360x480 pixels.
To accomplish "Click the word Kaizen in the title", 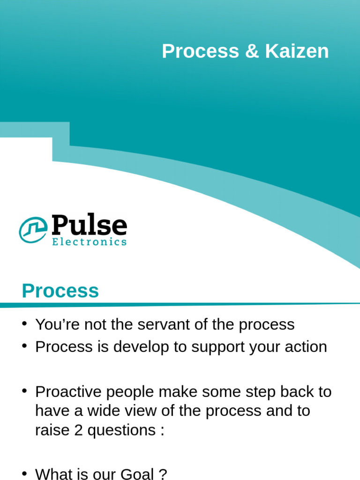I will pos(297,52).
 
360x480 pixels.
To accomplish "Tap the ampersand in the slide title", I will pos(252,52).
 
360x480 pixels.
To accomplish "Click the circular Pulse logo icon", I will pos(33,230).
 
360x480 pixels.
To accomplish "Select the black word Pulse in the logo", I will pos(89,226).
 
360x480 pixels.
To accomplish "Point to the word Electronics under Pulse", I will pos(89,242).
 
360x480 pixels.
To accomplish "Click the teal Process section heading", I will pos(60,291).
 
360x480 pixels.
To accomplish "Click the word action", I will pos(305,347).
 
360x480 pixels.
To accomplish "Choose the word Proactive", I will pos(67,391).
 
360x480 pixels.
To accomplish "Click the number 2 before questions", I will pos(78,430).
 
